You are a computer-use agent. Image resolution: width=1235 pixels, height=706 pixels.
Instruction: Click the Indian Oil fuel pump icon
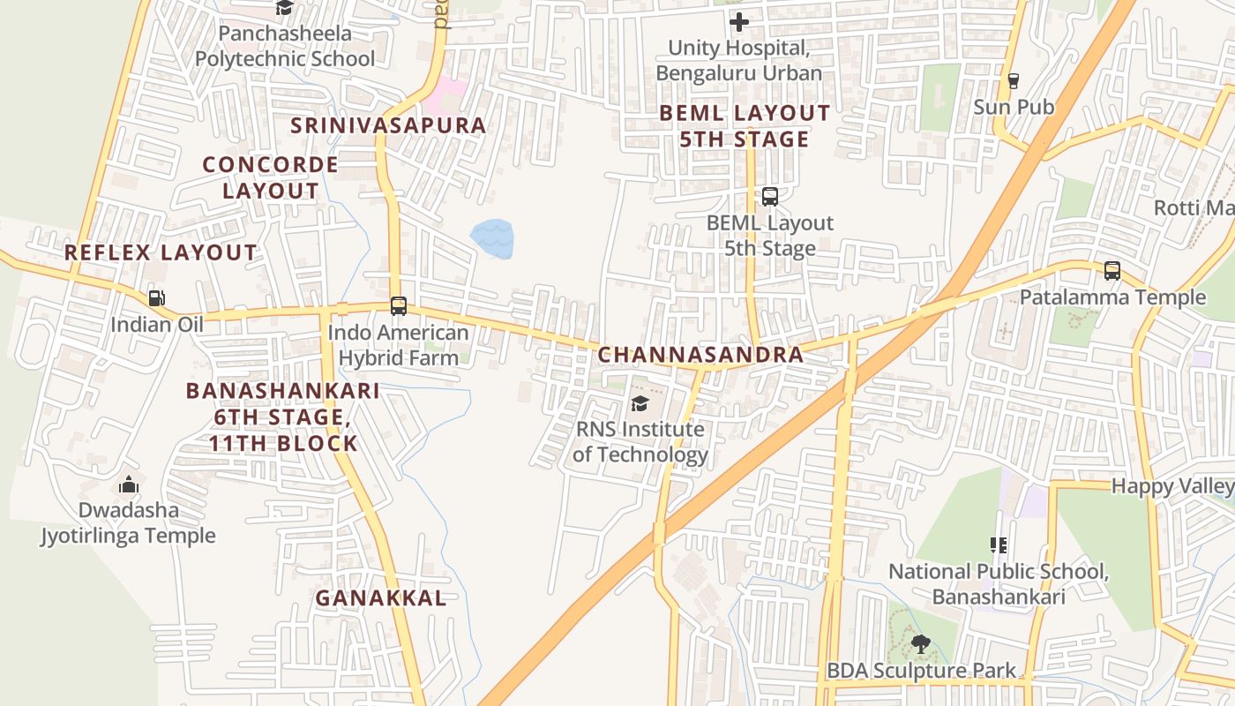(156, 298)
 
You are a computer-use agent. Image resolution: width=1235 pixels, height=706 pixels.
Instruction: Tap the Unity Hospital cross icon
(739, 21)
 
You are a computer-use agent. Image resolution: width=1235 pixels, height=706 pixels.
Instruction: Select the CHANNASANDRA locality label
(700, 355)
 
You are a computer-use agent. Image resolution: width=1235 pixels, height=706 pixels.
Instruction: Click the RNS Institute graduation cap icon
(640, 404)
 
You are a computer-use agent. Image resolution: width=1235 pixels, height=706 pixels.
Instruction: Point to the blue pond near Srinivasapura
(492, 239)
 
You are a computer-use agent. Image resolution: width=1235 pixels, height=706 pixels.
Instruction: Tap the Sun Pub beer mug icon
(1013, 81)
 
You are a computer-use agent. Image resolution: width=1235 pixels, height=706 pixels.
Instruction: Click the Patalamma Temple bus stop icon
(1112, 271)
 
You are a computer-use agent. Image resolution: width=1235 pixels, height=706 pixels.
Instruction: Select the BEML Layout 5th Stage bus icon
(769, 197)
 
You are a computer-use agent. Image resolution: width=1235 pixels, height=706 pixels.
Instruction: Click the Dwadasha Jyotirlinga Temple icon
(129, 484)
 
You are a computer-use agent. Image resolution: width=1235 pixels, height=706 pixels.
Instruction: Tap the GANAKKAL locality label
(380, 597)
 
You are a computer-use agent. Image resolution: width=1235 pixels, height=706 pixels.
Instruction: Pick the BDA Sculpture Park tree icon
(921, 644)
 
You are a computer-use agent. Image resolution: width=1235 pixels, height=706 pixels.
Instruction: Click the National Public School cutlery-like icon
(998, 545)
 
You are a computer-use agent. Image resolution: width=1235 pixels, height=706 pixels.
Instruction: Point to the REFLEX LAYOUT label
(161, 253)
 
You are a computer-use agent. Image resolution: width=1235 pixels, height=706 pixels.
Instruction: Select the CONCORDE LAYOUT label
(270, 177)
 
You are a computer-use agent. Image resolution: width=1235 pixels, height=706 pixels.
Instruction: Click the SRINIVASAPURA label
(388, 125)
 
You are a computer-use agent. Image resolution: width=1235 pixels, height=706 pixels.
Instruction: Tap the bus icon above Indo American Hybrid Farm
(399, 306)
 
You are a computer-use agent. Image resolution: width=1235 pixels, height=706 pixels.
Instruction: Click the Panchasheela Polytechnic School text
(285, 46)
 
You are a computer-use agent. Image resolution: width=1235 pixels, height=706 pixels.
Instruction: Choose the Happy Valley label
(1171, 485)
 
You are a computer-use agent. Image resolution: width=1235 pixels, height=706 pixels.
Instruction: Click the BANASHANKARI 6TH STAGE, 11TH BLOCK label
(282, 417)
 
